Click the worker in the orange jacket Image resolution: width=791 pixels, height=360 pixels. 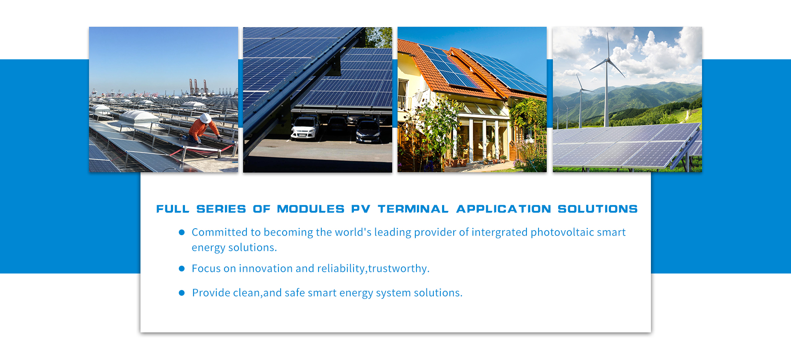[x=204, y=129]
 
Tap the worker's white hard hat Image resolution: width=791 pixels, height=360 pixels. [x=205, y=118]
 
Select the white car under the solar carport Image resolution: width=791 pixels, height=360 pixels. [x=305, y=127]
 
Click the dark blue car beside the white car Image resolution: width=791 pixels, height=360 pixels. [x=368, y=131]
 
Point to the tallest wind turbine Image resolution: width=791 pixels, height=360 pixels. [x=606, y=78]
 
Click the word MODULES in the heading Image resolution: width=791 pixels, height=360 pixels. [x=311, y=209]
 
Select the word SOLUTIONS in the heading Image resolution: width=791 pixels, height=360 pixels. [x=597, y=209]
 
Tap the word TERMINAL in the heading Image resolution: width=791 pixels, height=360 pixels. [x=413, y=209]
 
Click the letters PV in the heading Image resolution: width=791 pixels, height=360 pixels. [x=360, y=209]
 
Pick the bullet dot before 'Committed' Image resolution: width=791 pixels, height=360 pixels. [x=182, y=232]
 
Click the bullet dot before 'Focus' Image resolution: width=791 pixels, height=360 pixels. [x=182, y=269]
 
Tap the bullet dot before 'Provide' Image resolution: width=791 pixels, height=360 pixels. [x=182, y=293]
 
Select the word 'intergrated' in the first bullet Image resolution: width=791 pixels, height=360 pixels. [x=499, y=233]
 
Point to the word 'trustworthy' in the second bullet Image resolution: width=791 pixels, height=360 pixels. [x=397, y=269]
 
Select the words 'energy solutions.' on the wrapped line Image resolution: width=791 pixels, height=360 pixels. [x=234, y=248]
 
